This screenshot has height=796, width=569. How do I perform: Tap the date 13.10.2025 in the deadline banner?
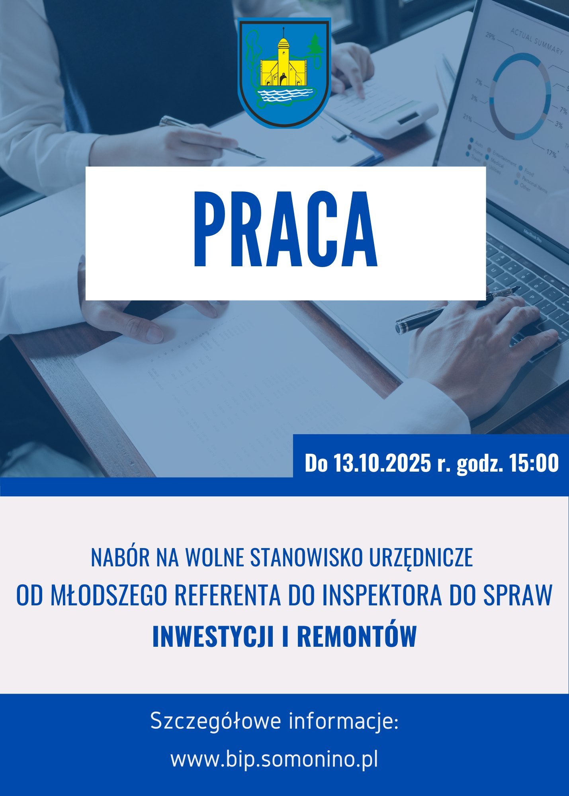[383, 463]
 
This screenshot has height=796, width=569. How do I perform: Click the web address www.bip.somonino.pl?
[274, 760]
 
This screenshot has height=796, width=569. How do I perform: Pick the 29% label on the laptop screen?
[490, 37]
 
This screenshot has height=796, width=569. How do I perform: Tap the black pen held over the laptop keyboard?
[458, 309]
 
